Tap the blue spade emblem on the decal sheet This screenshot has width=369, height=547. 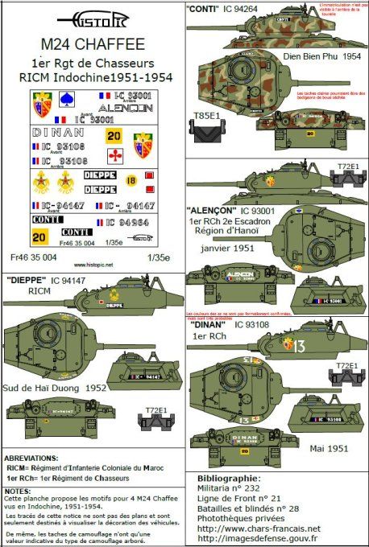click(x=68, y=101)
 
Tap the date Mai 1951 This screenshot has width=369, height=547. click(x=330, y=449)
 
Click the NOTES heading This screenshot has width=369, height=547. click(x=17, y=488)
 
